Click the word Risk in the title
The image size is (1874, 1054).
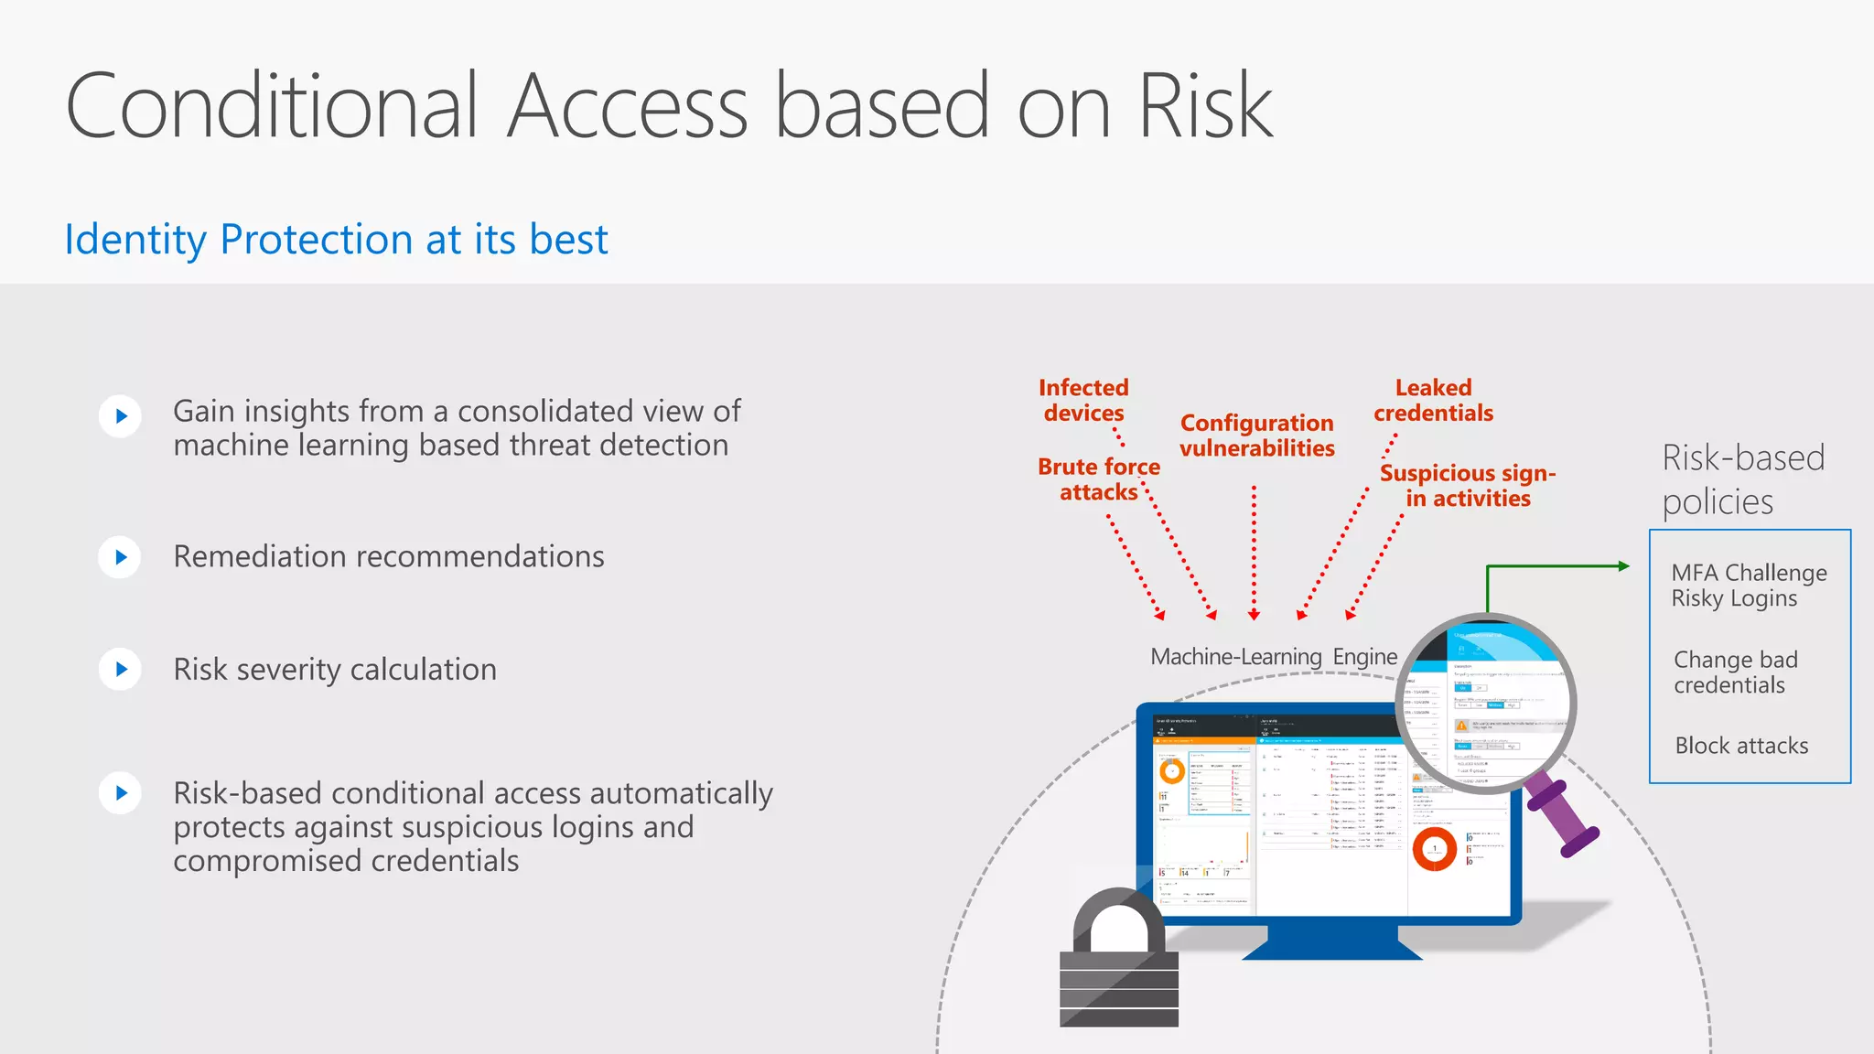tap(1205, 107)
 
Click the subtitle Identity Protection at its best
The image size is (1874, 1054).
tap(336, 240)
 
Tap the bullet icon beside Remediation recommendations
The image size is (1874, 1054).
tap(120, 557)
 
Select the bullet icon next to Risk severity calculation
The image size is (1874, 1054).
tap(120, 670)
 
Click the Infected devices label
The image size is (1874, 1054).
tap(1083, 401)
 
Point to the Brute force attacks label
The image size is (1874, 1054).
tap(1098, 479)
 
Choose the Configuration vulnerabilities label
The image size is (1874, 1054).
tap(1256, 436)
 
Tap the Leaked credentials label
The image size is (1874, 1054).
tap(1433, 401)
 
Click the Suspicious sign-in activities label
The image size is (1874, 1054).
tap(1467, 486)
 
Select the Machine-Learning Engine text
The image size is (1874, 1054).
tap(1273, 657)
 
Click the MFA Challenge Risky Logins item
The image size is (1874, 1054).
tap(1748, 586)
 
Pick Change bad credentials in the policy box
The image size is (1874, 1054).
tap(1735, 672)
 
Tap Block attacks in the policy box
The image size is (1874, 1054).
tap(1740, 746)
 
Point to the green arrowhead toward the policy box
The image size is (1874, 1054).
tap(1624, 566)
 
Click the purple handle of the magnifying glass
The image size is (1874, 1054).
tap(1564, 812)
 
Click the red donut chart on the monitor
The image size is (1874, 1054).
tap(1434, 849)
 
